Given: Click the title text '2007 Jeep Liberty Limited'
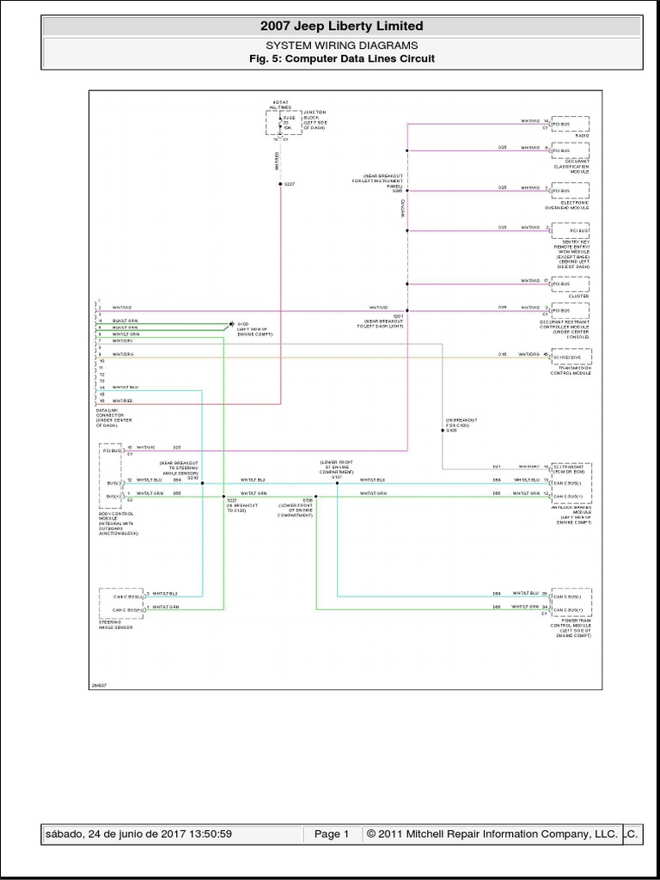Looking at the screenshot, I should tap(341, 27).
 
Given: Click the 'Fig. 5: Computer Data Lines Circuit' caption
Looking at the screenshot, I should tap(341, 58).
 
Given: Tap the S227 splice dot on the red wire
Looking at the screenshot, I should tap(280, 184).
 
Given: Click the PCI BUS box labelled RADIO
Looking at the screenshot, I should tap(571, 125).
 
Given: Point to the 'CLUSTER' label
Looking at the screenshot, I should tap(578, 296).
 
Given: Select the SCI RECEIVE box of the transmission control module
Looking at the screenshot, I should tap(571, 355).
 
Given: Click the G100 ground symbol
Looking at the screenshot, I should tap(229, 324).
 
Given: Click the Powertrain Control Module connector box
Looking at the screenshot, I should tap(571, 602).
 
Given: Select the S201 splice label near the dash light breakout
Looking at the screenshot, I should tap(397, 316).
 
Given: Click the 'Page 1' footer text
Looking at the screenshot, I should tap(331, 834).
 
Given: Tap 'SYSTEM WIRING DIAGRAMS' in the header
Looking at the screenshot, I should tap(341, 46).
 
